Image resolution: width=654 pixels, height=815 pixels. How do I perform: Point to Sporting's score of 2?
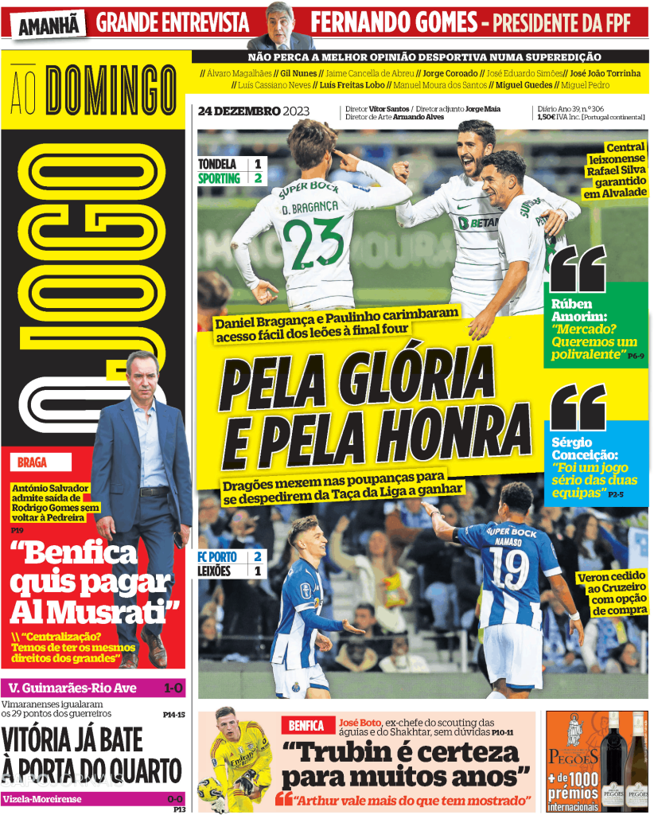click(x=258, y=178)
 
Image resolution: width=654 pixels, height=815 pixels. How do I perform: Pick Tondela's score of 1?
click(x=258, y=164)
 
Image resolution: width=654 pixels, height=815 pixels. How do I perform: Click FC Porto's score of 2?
click(x=258, y=556)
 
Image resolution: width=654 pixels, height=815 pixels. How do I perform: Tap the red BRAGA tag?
click(x=33, y=462)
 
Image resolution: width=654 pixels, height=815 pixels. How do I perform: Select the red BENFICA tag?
click(x=306, y=726)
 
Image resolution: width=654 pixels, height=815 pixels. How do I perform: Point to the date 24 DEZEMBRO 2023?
click(x=253, y=111)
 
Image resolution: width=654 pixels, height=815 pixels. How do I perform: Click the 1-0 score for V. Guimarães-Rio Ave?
click(x=173, y=688)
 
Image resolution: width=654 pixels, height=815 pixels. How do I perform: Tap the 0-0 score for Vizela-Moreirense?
click(x=174, y=799)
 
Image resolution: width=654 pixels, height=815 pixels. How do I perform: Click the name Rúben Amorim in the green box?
click(x=578, y=310)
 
